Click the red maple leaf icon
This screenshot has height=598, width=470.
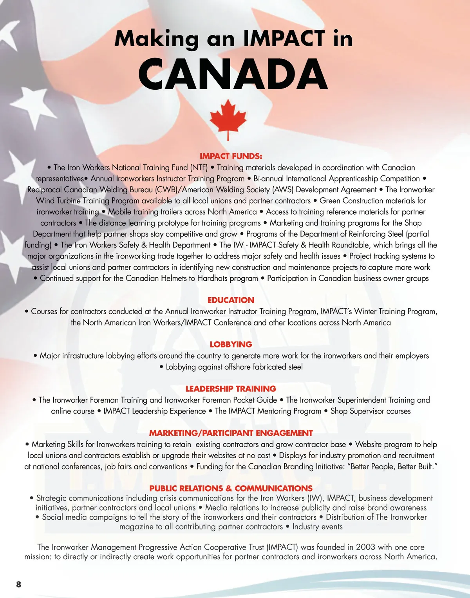[x=228, y=119]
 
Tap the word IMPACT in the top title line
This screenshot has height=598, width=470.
[x=284, y=39]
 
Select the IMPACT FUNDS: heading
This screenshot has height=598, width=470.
[x=231, y=156]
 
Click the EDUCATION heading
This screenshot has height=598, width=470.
[x=231, y=300]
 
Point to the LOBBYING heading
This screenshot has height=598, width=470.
[x=231, y=344]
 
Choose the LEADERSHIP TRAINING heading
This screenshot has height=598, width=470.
[x=231, y=388]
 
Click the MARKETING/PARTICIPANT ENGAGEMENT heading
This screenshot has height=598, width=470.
[x=231, y=433]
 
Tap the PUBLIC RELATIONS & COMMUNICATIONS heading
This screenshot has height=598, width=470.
[x=231, y=488]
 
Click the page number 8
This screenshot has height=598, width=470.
[x=19, y=584]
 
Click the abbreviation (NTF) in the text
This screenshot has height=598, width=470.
[x=199, y=168]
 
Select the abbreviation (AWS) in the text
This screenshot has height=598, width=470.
[x=283, y=190]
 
